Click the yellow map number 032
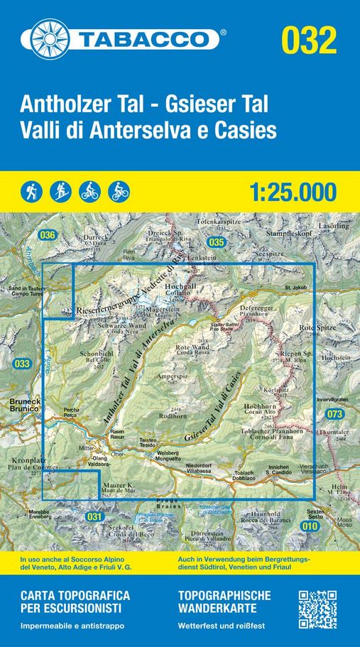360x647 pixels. point(309,40)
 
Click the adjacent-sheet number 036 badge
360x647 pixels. point(48,235)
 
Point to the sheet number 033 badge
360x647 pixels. point(22,364)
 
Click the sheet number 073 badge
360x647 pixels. point(335,413)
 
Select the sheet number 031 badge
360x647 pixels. point(94,516)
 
